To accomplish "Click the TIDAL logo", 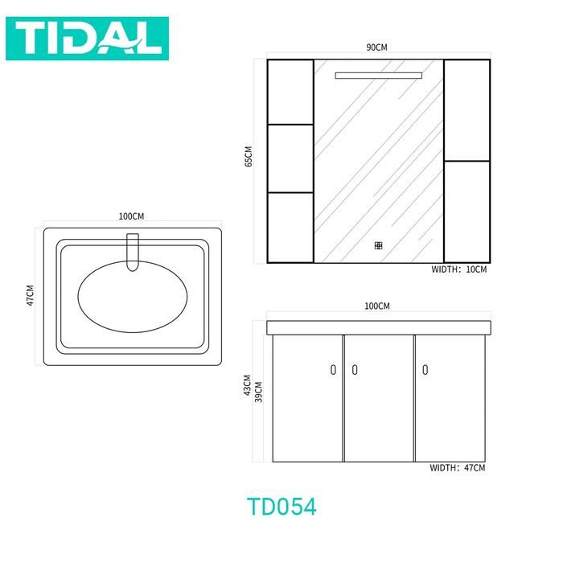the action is coord(87,39).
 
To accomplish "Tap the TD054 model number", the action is coord(281,507).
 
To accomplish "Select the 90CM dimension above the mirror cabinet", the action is coord(376,47).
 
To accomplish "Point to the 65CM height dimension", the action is coord(249,156).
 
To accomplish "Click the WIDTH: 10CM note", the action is coord(459,269).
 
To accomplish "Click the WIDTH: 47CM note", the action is coord(458,468).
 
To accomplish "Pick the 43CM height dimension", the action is coord(248,385).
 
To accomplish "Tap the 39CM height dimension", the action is coord(258,392).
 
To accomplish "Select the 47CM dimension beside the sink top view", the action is coord(31,295).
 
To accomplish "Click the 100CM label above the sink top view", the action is coord(131,216).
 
